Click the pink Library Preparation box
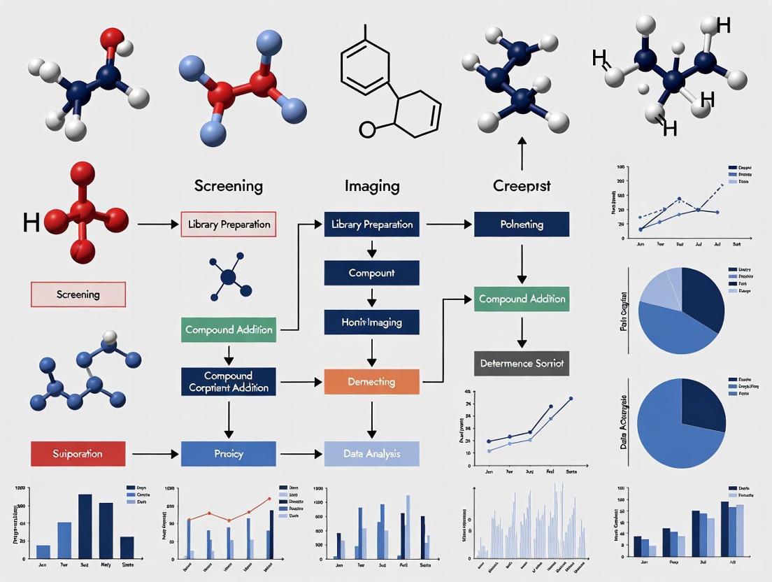(x=229, y=225)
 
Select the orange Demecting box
(x=372, y=382)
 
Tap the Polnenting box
(x=522, y=225)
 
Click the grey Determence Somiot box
(x=522, y=364)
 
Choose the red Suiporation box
(x=78, y=454)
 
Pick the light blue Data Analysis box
(x=372, y=454)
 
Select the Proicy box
(x=229, y=454)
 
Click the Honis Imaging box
(x=372, y=322)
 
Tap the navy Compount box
(x=372, y=273)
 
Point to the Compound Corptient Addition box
(x=229, y=382)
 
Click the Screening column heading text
(x=229, y=186)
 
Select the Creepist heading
(x=522, y=186)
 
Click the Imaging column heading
(x=372, y=186)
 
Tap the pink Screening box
(x=78, y=294)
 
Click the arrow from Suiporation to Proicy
(x=155, y=454)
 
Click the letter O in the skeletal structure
(x=366, y=129)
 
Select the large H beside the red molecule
(x=31, y=222)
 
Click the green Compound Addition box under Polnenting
(x=522, y=299)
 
